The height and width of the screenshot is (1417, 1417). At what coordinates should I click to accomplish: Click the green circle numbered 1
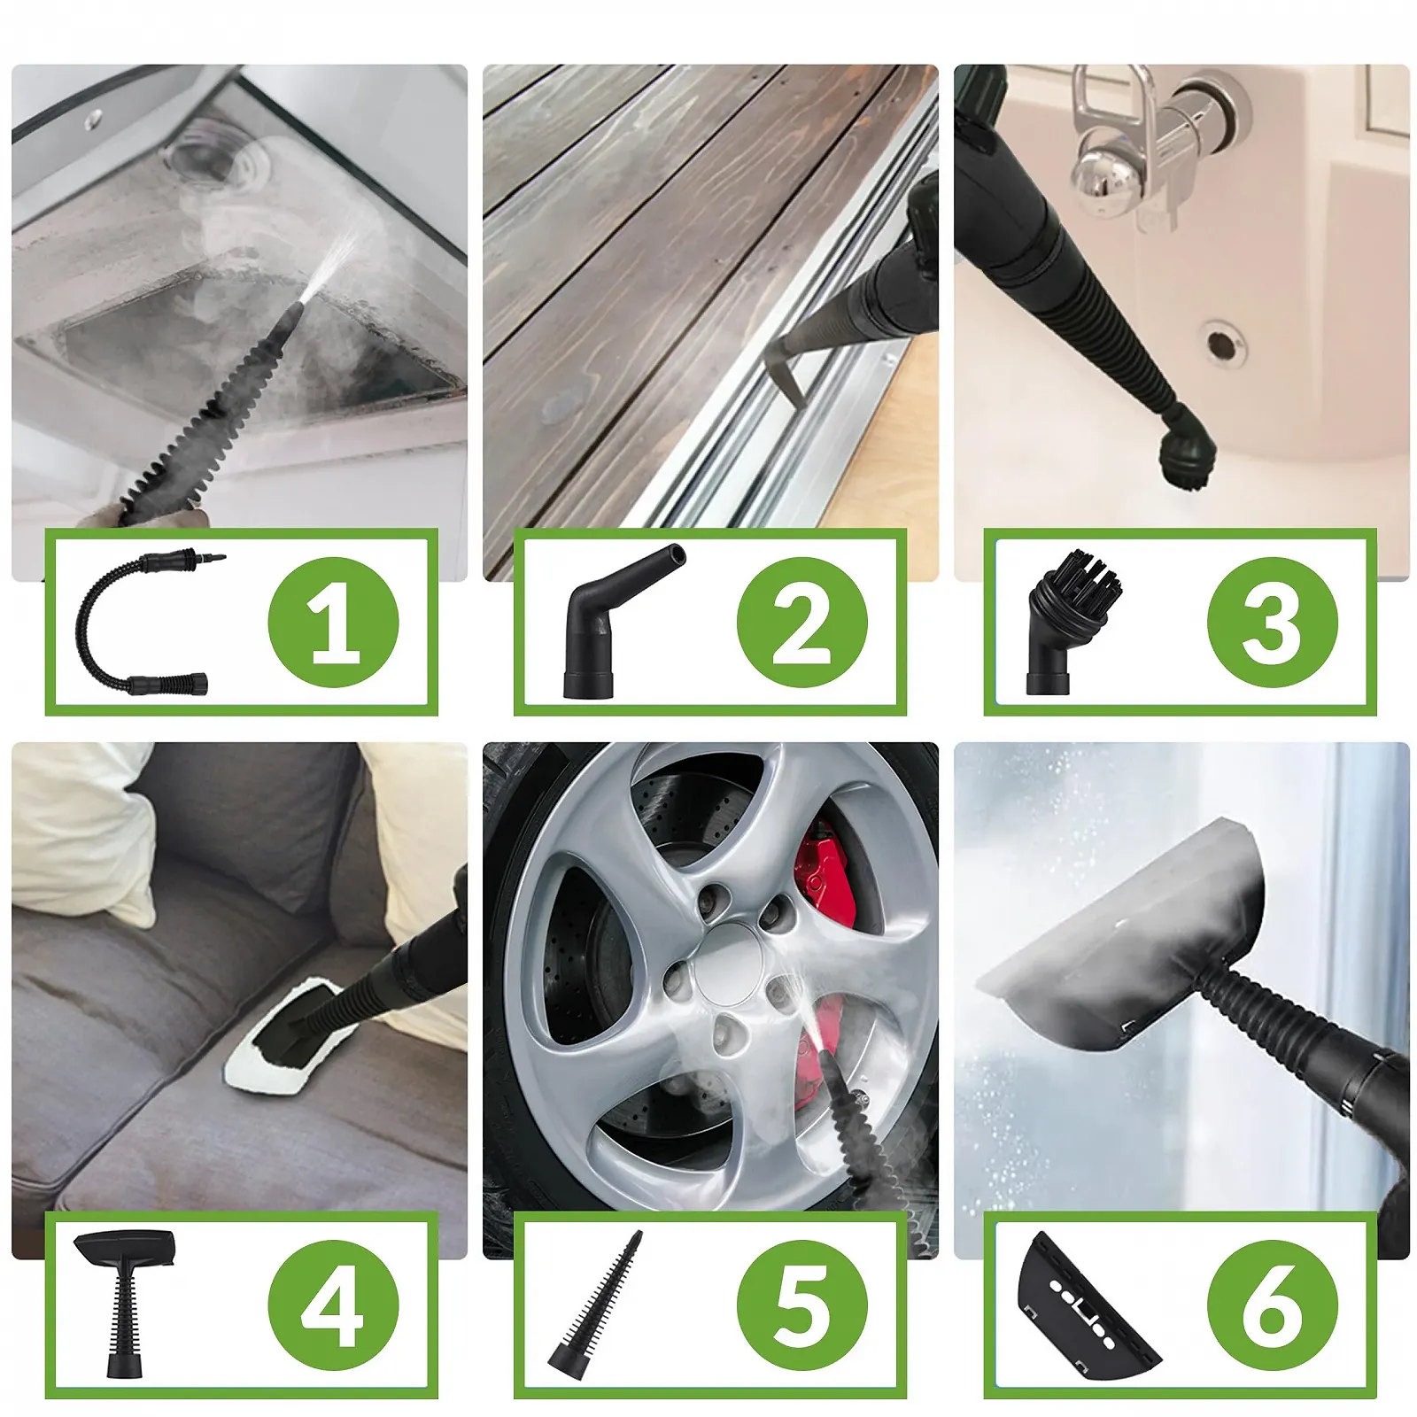(x=333, y=623)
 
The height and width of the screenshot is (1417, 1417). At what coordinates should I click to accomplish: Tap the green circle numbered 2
(x=802, y=623)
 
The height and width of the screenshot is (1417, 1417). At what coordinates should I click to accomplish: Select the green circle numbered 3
(x=1273, y=623)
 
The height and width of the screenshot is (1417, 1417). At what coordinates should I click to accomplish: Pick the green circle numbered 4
(x=333, y=1305)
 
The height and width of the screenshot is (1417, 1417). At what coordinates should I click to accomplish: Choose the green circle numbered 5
(x=802, y=1305)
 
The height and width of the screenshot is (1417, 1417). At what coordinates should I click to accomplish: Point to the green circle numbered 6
(x=1273, y=1305)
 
